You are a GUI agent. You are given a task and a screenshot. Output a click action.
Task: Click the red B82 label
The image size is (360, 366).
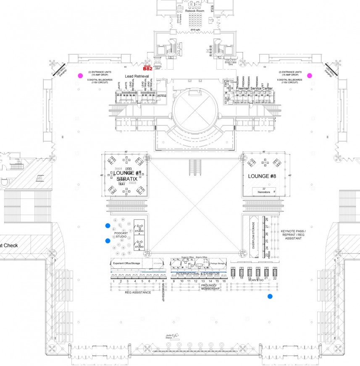point(147,68)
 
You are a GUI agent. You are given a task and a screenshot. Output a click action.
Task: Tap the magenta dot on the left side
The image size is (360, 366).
point(80,76)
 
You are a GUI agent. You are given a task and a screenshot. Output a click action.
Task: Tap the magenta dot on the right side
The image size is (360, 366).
point(310,76)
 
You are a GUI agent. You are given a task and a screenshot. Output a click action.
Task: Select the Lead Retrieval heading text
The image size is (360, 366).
point(137,76)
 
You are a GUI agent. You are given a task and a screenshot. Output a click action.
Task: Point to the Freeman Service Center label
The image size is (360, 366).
point(255,89)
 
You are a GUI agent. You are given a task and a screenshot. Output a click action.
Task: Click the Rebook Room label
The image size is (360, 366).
point(194,10)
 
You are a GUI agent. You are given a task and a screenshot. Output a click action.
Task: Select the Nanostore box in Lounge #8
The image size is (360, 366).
point(264,191)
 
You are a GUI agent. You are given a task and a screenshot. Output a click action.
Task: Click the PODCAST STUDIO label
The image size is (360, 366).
point(121,235)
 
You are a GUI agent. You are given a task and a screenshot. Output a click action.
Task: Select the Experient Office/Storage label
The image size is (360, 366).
point(126,263)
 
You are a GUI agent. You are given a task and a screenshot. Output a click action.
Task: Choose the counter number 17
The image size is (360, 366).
point(233,278)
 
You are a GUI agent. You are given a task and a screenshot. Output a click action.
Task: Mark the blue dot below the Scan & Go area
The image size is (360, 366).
point(270,297)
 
